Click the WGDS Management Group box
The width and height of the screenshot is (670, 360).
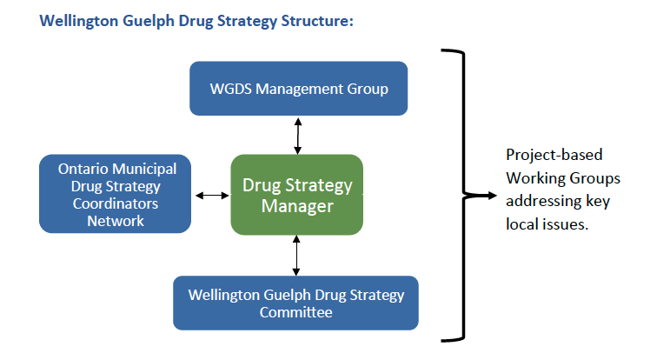298,89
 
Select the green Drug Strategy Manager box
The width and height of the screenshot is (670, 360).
297,195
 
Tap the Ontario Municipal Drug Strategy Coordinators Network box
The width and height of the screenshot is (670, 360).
115,194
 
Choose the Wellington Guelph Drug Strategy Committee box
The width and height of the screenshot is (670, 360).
295,303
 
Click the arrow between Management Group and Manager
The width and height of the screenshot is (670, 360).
298,136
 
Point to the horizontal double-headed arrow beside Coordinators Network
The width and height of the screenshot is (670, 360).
212,196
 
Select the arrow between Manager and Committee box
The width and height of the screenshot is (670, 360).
296,256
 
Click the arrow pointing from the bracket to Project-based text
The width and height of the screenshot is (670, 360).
481,196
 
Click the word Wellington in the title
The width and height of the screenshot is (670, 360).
78,21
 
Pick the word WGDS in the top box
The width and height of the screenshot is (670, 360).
231,89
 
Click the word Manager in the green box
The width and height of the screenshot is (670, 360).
297,206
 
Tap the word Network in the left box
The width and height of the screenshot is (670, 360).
116,221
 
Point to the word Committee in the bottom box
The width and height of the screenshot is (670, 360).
295,312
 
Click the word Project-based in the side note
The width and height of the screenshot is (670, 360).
554,155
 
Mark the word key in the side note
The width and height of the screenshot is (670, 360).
599,201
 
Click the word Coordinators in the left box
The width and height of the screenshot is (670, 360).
116,203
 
